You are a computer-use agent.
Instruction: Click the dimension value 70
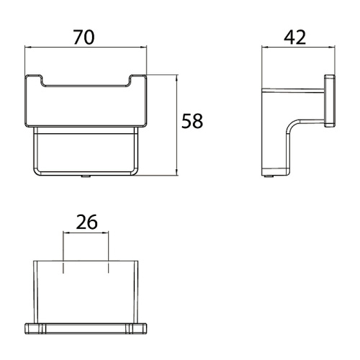(84, 37)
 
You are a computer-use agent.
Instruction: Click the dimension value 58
(192, 121)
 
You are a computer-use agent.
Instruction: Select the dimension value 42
(295, 37)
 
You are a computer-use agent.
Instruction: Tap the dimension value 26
(86, 222)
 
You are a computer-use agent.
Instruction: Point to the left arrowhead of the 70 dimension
(28, 48)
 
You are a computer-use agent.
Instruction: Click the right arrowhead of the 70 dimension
(143, 48)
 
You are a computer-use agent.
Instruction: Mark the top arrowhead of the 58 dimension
(177, 78)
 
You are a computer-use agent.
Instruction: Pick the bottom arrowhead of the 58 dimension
(177, 173)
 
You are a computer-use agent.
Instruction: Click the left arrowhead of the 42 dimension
(265, 48)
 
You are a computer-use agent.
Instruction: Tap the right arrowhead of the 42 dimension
(332, 48)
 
